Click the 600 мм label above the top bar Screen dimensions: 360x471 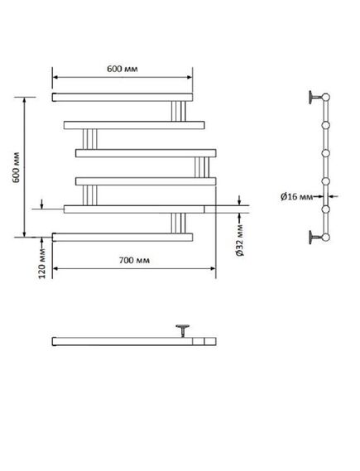[122, 69]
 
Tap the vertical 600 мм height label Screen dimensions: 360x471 [16, 167]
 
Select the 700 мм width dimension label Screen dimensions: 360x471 [134, 260]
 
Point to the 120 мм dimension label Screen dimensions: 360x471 [42, 263]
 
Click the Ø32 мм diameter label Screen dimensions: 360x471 [240, 240]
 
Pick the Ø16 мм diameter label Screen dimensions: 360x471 [296, 197]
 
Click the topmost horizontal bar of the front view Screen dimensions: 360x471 [122, 98]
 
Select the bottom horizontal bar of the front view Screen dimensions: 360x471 [122, 238]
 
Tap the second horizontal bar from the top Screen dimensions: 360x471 [134, 125]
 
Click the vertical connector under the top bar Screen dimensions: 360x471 [179, 111]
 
